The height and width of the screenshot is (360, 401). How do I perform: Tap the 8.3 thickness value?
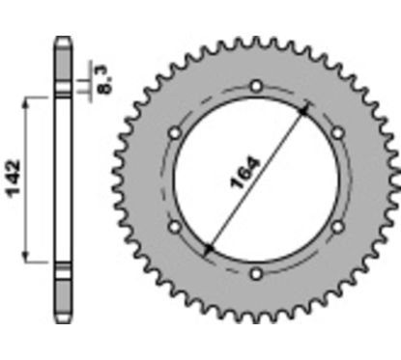coord(103,72)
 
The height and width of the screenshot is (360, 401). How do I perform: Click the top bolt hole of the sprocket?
coord(256,88)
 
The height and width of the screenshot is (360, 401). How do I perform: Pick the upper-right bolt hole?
coord(336,133)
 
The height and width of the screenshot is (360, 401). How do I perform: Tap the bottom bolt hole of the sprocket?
coord(256,273)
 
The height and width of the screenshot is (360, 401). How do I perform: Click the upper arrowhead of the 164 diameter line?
coord(306,108)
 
